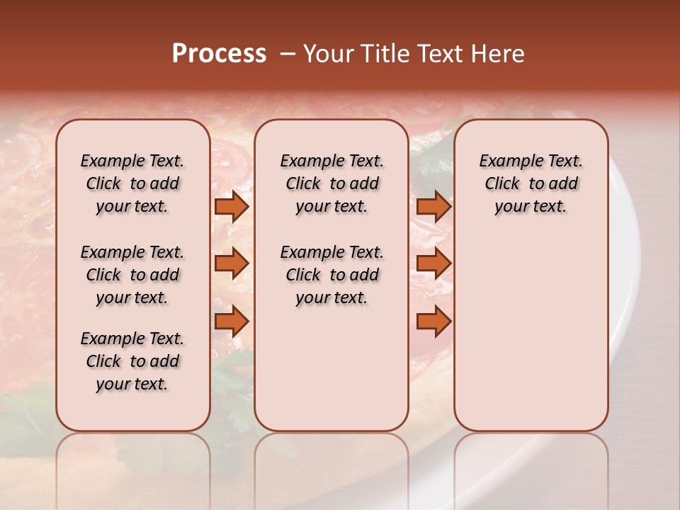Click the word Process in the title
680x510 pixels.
(x=219, y=54)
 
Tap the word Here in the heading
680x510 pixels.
(x=497, y=54)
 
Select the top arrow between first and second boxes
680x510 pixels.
(x=232, y=207)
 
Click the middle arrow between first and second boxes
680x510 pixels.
(x=232, y=263)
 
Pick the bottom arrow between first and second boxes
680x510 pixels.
(x=232, y=321)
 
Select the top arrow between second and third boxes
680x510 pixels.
(x=433, y=207)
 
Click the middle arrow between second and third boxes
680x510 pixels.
(x=433, y=263)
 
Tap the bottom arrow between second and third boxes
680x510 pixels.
(x=433, y=321)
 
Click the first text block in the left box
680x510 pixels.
(x=132, y=183)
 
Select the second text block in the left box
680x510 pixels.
(x=132, y=275)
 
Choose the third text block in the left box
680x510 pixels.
(x=132, y=361)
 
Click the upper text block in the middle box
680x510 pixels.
(x=331, y=183)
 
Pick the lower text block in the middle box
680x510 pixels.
(x=331, y=275)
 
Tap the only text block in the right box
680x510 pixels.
(x=531, y=183)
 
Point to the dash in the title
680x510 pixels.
(x=287, y=54)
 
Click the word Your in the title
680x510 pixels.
(x=324, y=54)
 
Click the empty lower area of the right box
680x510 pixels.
(x=531, y=340)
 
